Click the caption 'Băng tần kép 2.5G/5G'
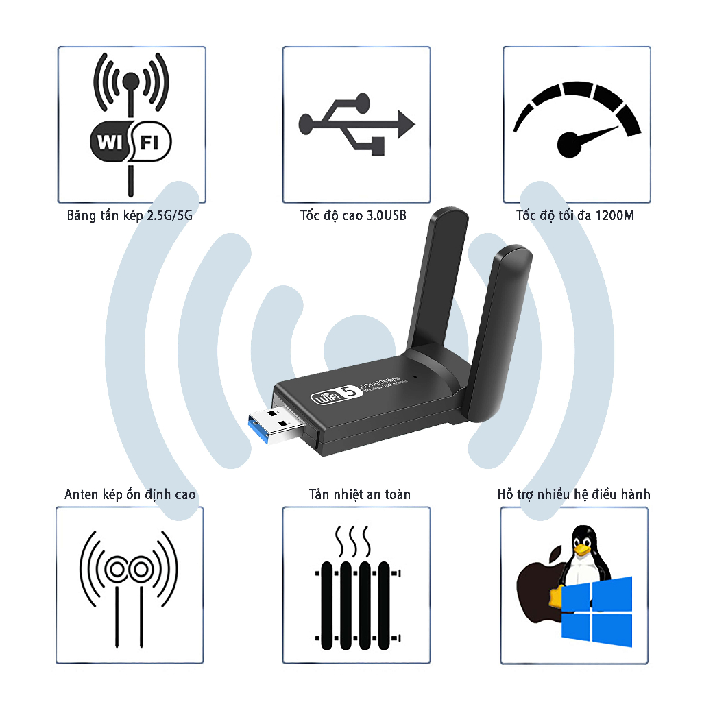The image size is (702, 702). (130, 215)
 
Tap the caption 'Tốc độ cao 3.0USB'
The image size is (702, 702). (353, 215)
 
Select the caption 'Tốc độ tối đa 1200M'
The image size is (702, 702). (575, 215)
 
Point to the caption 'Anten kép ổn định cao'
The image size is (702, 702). (130, 494)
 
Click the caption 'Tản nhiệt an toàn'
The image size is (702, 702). (359, 494)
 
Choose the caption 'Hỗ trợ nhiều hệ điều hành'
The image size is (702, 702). (574, 494)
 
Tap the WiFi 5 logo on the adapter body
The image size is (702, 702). (336, 395)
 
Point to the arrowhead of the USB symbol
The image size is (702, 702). (406, 124)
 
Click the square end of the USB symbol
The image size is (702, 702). (378, 146)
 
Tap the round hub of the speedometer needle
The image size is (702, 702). (570, 145)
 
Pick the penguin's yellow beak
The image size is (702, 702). (583, 550)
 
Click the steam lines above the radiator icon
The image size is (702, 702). (353, 542)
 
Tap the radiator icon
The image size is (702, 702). (357, 605)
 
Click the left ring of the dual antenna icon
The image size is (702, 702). (117, 570)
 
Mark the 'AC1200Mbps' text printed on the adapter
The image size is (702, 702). (380, 381)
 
